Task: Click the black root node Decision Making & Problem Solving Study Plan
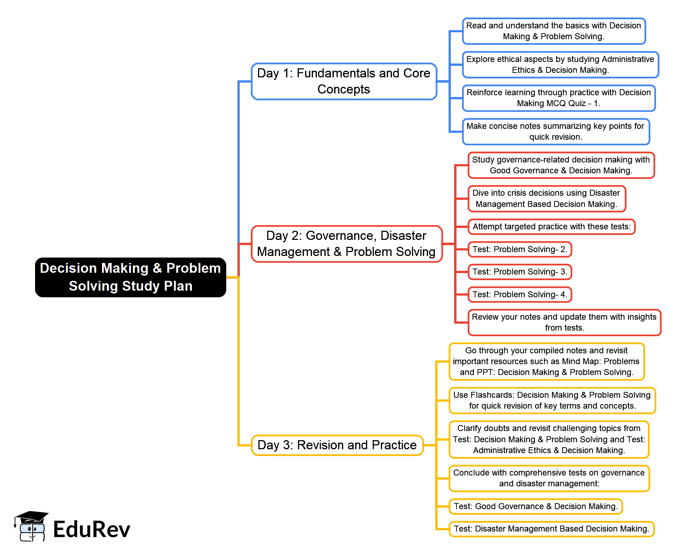point(130,277)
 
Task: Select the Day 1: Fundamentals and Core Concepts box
point(344,81)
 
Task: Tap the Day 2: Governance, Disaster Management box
point(347,244)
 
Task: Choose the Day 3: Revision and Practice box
point(337,445)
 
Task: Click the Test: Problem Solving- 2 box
point(520,249)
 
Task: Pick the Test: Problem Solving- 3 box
point(520,272)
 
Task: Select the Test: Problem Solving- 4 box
point(520,294)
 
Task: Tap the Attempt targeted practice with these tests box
point(551,227)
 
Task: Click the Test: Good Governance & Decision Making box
point(535,506)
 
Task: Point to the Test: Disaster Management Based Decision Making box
point(551,529)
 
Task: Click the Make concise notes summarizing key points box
point(556,131)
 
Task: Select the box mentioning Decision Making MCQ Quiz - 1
point(559,98)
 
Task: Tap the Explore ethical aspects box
point(560,64)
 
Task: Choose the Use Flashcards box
point(552,400)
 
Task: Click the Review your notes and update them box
point(564,322)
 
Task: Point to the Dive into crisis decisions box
point(547,199)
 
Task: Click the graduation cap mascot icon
point(31,526)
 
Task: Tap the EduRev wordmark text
point(92,529)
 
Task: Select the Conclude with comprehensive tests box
point(549,478)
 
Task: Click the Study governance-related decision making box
point(561,165)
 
